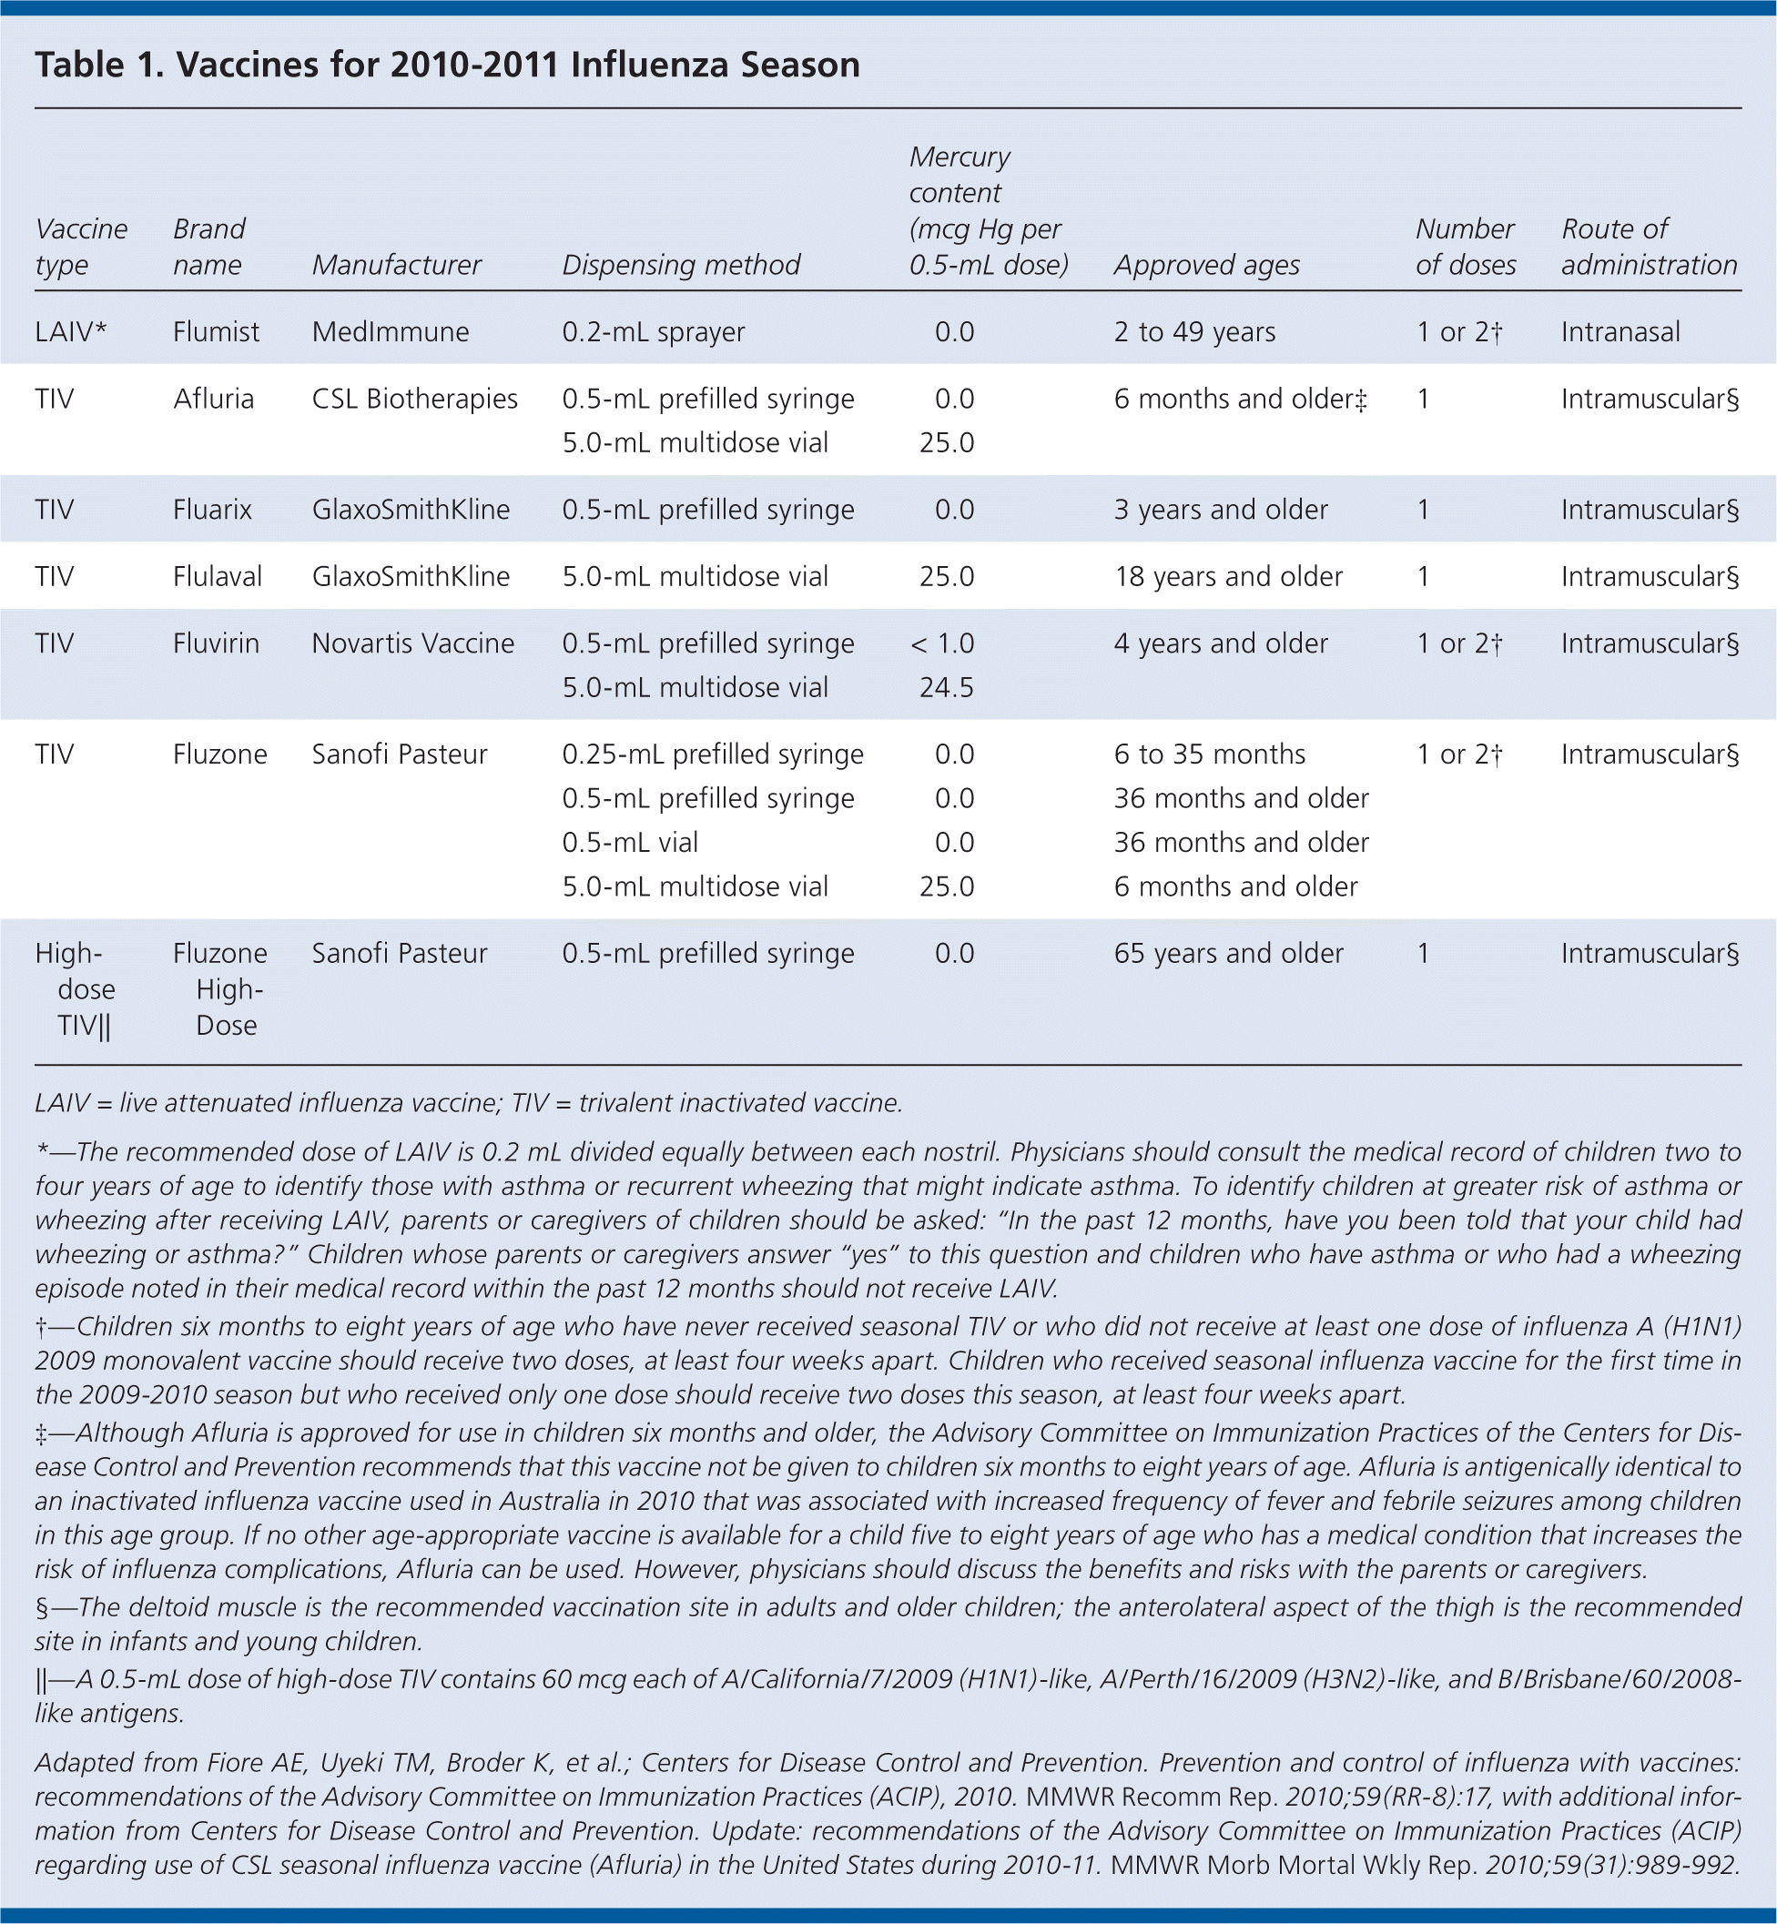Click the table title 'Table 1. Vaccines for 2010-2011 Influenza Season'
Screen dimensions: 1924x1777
click(447, 66)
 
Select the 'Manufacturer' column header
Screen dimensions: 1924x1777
click(396, 266)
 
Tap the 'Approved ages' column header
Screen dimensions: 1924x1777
click(1207, 266)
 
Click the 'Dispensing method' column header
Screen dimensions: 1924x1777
click(681, 266)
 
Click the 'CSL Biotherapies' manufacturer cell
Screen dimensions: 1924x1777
click(414, 399)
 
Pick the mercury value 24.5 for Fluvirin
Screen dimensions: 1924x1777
click(946, 688)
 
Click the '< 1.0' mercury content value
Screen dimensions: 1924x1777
click(942, 644)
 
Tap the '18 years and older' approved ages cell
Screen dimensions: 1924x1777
click(1228, 577)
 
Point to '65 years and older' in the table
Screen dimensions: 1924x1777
click(1228, 954)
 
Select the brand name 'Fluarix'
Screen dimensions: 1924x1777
click(212, 510)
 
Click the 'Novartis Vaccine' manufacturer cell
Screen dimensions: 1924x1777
click(412, 644)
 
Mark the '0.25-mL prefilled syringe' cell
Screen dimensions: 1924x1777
click(713, 754)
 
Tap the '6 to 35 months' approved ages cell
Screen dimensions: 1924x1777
click(1210, 754)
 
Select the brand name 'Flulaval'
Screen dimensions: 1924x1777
click(218, 577)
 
